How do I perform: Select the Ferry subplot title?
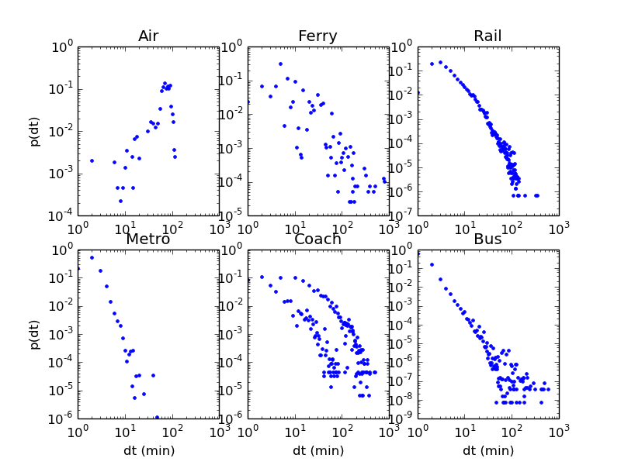pyautogui.click(x=318, y=36)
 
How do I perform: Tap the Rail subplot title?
pyautogui.click(x=488, y=36)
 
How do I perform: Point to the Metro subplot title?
pyautogui.click(x=148, y=239)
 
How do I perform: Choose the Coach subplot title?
pyautogui.click(x=318, y=239)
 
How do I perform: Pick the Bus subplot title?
pyautogui.click(x=488, y=239)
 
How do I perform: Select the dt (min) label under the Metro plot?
pyautogui.click(x=148, y=450)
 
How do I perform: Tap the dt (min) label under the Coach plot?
pyautogui.click(x=318, y=450)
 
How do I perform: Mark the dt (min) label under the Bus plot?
pyautogui.click(x=488, y=450)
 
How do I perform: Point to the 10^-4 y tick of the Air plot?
pyautogui.click(x=61, y=215)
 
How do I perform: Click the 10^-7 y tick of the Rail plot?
pyautogui.click(x=402, y=215)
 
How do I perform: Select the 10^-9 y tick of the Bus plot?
pyautogui.click(x=402, y=418)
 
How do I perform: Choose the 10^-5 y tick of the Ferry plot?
pyautogui.click(x=232, y=215)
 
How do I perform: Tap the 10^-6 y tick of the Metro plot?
pyautogui.click(x=61, y=418)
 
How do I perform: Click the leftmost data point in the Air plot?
pyautogui.click(x=92, y=160)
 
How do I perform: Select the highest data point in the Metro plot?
pyautogui.click(x=92, y=257)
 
